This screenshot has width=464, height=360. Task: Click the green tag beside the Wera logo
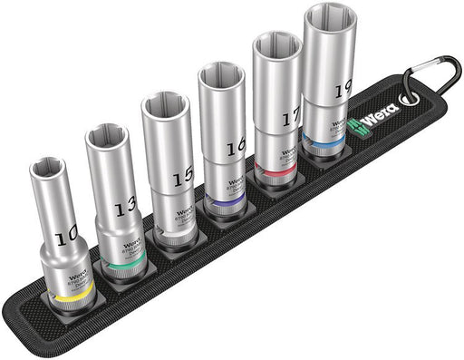352,127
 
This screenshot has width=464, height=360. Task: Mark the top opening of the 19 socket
329,21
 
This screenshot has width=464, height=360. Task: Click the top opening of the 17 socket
275,48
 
